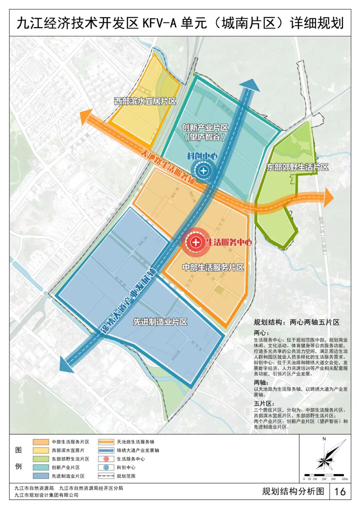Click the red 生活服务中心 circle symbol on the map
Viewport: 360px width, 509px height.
point(196,242)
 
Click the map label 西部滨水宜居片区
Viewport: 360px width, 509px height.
point(145,101)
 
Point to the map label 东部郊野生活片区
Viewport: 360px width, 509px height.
point(297,167)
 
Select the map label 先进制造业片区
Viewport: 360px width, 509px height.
point(160,322)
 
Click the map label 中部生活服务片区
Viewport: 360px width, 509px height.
point(213,267)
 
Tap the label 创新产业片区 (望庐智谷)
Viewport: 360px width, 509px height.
point(205,132)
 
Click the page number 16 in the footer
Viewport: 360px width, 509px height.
point(340,491)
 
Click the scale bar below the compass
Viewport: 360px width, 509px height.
point(324,475)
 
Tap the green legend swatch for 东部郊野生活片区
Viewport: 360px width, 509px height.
point(41,459)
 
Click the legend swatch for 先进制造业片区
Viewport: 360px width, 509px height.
point(41,476)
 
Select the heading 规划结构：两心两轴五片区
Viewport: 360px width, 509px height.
point(296,322)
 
